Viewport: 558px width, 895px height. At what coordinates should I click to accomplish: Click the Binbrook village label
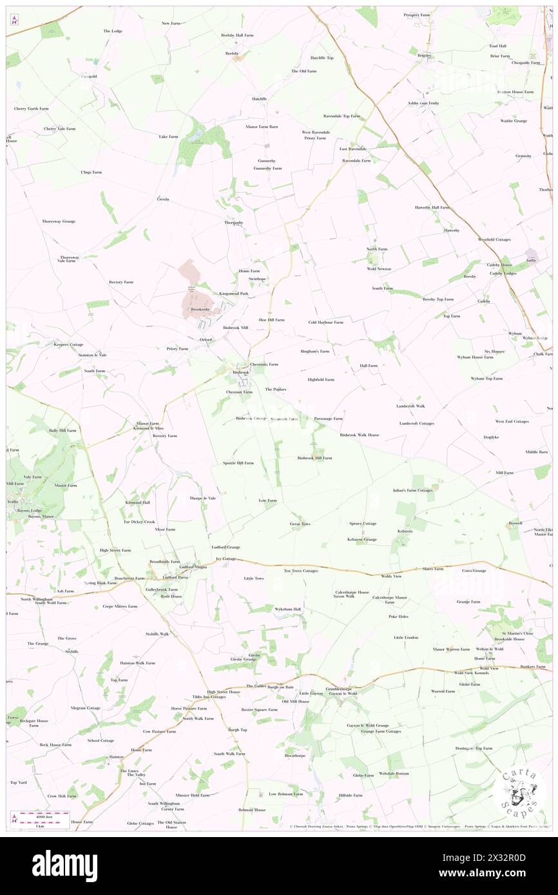[240, 372]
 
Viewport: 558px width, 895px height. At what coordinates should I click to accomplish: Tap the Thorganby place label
[233, 222]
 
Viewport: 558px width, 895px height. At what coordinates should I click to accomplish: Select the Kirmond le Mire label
[148, 428]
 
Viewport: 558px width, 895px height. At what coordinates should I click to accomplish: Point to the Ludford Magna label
[193, 567]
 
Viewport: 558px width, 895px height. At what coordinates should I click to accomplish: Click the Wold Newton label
[379, 268]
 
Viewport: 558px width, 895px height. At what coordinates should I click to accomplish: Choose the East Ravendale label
[353, 149]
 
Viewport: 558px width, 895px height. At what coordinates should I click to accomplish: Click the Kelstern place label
[405, 531]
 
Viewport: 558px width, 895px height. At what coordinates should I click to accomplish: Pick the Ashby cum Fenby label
[423, 103]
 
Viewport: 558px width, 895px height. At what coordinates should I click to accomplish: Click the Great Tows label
[300, 523]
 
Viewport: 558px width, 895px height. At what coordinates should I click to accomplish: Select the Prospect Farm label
[417, 15]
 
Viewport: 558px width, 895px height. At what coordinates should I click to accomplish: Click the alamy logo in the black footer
[64, 865]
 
